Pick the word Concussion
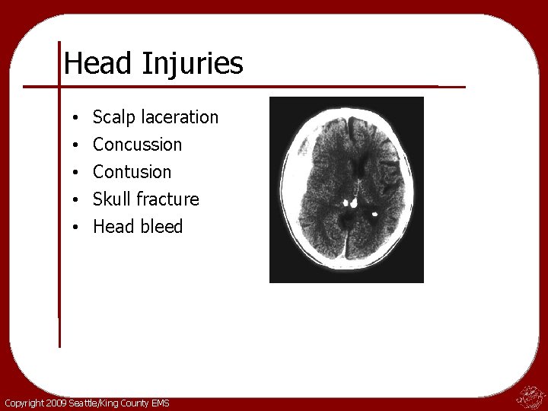click(137, 145)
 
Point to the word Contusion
click(132, 172)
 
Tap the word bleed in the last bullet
click(161, 227)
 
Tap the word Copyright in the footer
click(22, 403)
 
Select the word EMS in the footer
click(161, 403)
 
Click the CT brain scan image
click(346, 190)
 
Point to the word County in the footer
click(132, 403)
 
